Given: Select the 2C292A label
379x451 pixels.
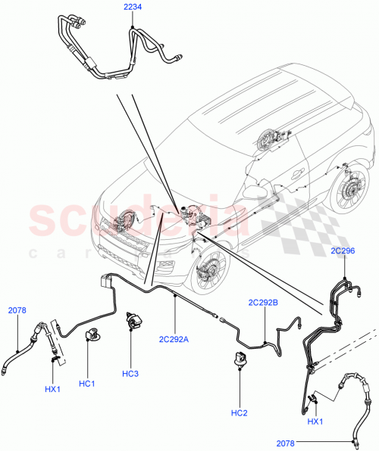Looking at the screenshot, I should pos(175,338).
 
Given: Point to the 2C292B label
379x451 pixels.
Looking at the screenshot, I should pos(263,303).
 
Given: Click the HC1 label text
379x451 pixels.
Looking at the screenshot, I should pos(86,384).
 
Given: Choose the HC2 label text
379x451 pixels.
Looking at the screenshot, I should pos(239,412).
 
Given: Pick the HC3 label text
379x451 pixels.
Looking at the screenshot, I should pos(130,374).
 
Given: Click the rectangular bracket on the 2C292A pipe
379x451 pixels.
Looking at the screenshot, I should pos(105,281).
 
